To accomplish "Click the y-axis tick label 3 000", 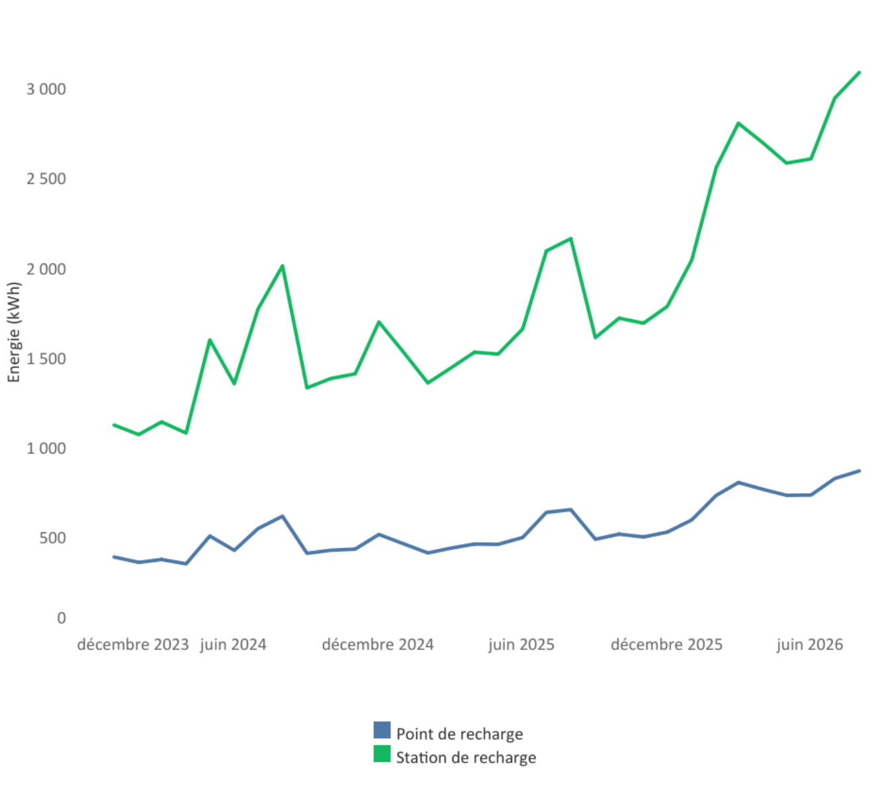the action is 46,89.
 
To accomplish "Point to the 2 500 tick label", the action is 46,179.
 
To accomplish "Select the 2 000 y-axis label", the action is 46,269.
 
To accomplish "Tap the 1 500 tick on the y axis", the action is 46,358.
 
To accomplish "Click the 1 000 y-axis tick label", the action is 46,448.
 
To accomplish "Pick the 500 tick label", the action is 53,538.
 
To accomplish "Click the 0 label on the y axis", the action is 62,618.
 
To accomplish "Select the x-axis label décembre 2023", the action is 133,645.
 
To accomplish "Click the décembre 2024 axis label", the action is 378,645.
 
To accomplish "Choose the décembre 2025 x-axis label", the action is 666,645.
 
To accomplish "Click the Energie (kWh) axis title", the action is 14,332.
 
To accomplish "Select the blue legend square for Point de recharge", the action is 382,730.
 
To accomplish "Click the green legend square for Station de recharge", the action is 382,753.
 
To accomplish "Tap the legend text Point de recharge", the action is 459,734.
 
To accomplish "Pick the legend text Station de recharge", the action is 466,758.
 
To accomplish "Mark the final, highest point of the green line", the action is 859,73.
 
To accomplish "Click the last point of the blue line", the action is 859,471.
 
